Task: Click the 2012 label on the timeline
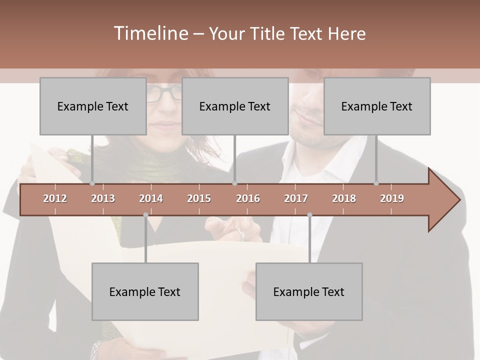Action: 55,198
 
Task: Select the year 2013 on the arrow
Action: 103,198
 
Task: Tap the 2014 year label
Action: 151,198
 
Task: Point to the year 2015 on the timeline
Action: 199,198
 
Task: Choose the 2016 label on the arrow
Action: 248,198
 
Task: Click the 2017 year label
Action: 296,198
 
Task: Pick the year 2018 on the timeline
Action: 344,198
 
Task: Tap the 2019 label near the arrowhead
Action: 392,198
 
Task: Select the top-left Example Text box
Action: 93,106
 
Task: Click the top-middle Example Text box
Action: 235,106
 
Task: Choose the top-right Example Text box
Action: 377,106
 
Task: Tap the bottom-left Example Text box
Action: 145,291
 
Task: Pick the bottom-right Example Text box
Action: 309,291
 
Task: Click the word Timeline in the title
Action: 150,33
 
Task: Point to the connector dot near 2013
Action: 92,183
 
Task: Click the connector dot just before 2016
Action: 234,183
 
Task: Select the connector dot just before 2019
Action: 376,183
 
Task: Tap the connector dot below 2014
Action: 145,215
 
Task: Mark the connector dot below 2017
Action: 309,215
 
